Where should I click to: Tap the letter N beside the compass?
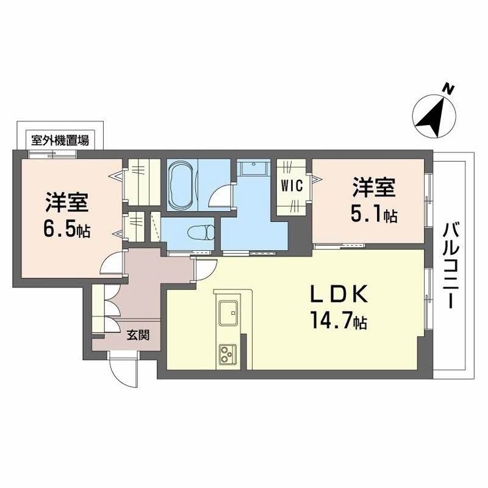point(448,89)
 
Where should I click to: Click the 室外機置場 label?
point(60,141)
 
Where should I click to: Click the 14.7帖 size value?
point(340,321)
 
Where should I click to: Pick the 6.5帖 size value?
point(67,231)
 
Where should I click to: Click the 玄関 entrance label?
point(135,335)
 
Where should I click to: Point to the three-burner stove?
point(228,353)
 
